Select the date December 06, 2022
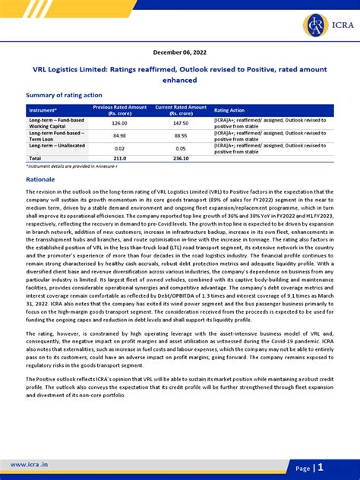click(x=179, y=52)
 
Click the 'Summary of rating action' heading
click(x=64, y=95)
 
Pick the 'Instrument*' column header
click(x=43, y=110)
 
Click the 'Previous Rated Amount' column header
click(x=119, y=110)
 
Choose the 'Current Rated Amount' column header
click(x=181, y=110)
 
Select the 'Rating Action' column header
click(x=230, y=110)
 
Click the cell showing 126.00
click(x=119, y=123)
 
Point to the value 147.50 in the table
click(x=181, y=123)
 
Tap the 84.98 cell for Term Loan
click(x=119, y=136)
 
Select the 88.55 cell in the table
click(x=181, y=136)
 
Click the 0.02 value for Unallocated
click(x=119, y=149)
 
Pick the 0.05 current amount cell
click(x=181, y=149)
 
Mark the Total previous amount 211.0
click(x=119, y=159)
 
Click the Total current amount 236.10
click(x=181, y=159)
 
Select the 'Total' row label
click(x=36, y=159)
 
